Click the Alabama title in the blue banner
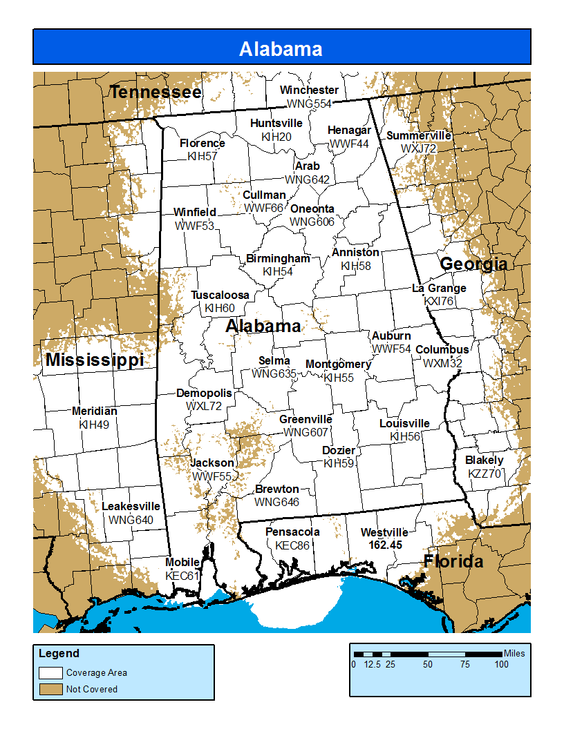click(x=281, y=49)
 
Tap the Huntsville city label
click(x=276, y=123)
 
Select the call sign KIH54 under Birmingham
click(x=278, y=271)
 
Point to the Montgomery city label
click(x=338, y=364)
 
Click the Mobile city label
click(x=182, y=562)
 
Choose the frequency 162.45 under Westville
click(x=385, y=545)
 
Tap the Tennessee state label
click(x=156, y=92)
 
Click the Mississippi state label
click(x=95, y=360)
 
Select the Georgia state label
click(x=473, y=264)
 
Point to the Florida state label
click(x=453, y=561)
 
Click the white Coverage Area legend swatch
click(x=50, y=672)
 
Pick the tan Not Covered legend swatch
click(x=50, y=689)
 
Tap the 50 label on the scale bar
click(x=428, y=665)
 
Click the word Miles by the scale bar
click(x=514, y=653)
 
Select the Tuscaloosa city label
click(x=220, y=295)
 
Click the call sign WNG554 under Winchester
click(x=309, y=104)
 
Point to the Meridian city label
click(x=94, y=411)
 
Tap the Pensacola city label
click(x=292, y=532)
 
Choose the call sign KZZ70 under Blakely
click(x=485, y=474)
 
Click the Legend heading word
click(x=59, y=653)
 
